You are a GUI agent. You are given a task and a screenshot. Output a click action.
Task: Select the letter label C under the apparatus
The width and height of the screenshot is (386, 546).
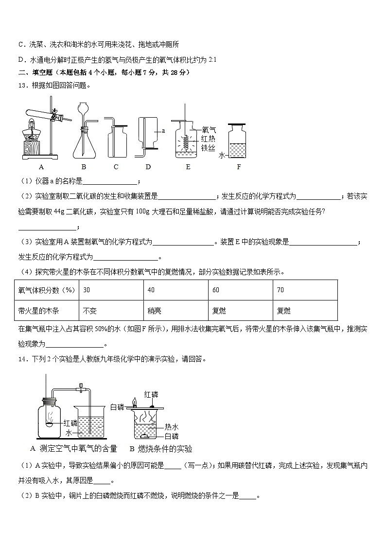click(116, 167)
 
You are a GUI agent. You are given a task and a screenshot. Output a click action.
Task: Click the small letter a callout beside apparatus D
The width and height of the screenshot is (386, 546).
click(163, 131)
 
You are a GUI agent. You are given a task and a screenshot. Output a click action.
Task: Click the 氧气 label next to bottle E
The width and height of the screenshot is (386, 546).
click(209, 130)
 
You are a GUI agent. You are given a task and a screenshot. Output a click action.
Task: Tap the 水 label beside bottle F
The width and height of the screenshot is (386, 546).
click(222, 155)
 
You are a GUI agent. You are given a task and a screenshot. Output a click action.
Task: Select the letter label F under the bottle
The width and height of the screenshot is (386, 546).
click(239, 167)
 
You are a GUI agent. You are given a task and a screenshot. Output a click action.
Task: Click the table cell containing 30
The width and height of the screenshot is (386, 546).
click(111, 290)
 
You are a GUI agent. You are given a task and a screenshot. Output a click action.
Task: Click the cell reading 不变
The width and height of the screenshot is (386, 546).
click(111, 310)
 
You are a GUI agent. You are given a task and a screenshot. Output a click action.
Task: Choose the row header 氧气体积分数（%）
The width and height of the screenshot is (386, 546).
click(47, 290)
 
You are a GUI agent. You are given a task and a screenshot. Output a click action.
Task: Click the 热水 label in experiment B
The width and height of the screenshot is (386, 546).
click(171, 427)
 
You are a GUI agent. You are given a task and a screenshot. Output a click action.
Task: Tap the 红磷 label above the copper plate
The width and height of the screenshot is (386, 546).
click(151, 394)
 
